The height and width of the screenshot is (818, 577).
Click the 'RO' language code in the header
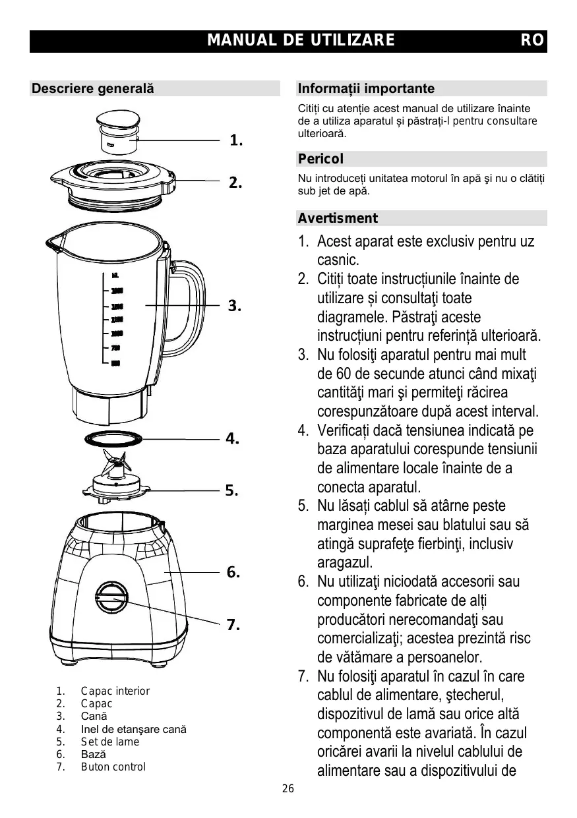pos(532,40)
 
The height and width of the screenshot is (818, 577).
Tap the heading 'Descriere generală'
pos(93,88)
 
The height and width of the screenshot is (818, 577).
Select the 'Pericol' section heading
pos(320,159)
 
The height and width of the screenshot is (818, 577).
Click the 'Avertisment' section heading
pos(338,218)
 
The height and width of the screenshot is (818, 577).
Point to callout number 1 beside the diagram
pos(236,140)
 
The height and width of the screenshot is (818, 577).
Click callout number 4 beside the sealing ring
pos(232,438)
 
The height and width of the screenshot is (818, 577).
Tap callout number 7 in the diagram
pos(233,625)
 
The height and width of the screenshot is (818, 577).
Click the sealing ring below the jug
pos(113,438)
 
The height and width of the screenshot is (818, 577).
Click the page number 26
pos(288,789)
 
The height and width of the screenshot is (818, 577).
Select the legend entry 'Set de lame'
pos(110,742)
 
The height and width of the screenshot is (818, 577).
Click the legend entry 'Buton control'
pos(113,767)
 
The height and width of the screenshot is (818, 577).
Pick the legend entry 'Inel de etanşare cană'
pos(134,729)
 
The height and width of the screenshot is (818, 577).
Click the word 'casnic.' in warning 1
pos(338,260)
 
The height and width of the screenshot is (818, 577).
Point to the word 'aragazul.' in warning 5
pos(345,563)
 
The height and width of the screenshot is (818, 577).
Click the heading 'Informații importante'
pos(366,88)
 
